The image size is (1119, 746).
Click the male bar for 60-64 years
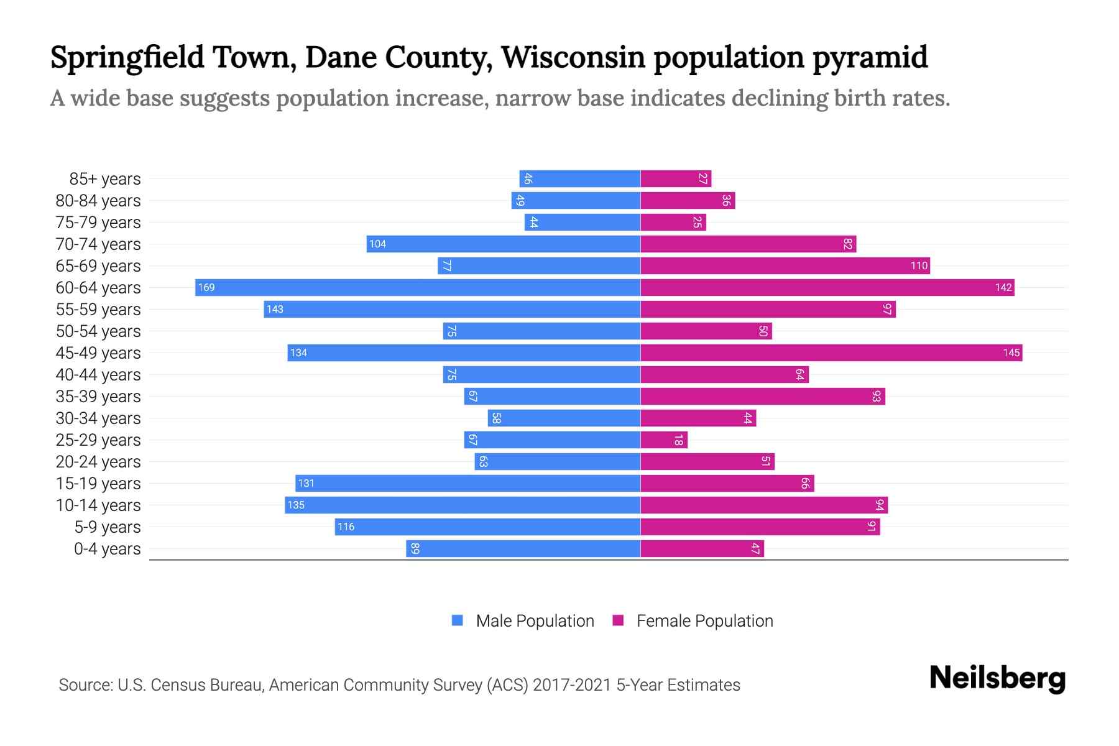tap(418, 287)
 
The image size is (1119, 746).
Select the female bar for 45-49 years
tap(831, 352)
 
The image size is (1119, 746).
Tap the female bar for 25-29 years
tap(664, 440)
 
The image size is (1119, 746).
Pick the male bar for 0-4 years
tap(523, 548)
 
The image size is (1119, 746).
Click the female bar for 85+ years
tap(676, 178)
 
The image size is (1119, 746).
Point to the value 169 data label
tap(206, 287)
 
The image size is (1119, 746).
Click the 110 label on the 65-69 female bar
tap(919, 265)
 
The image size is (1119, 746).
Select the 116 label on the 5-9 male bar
tap(346, 527)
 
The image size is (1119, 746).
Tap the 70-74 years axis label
tap(98, 244)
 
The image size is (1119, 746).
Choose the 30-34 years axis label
tap(98, 418)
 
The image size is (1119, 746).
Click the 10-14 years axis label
tap(98, 505)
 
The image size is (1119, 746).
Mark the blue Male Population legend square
tap(458, 620)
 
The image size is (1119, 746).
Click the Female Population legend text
tap(704, 620)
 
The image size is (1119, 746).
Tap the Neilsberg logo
tap(997, 678)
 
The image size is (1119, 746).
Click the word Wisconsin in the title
tap(573, 57)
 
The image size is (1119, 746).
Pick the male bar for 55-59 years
tap(452, 309)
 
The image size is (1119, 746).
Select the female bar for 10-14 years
tap(764, 505)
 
